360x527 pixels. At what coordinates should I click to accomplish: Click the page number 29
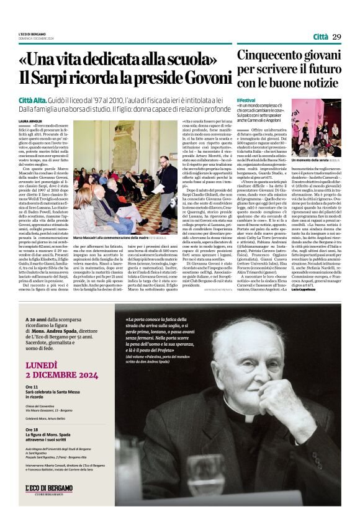click(336, 37)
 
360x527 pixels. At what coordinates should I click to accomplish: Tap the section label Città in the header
click(320, 37)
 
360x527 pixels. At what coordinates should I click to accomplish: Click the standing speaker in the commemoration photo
click(167, 186)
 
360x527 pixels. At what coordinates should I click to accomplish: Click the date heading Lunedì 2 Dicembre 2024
click(62, 371)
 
